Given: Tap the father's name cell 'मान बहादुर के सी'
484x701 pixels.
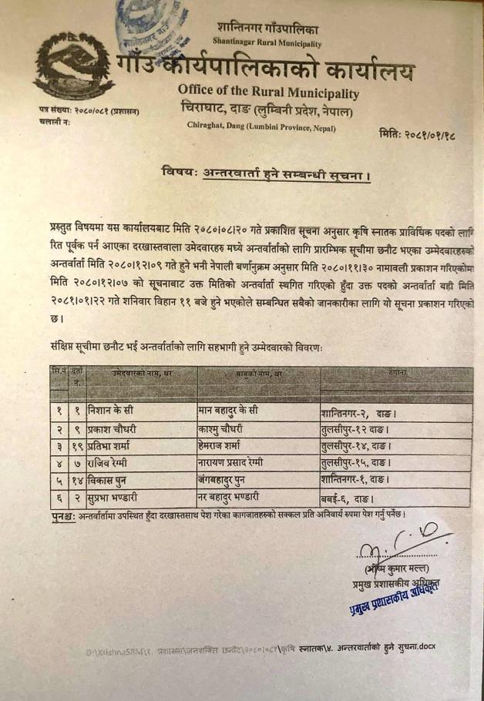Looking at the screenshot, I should [x=234, y=414].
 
